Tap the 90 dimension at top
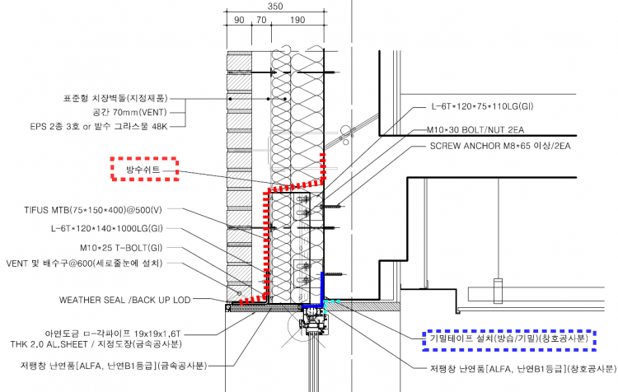[239, 20]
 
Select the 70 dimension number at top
[260, 20]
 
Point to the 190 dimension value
[297, 20]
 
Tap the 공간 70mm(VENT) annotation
[142, 112]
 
